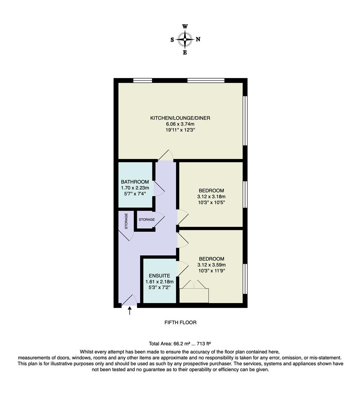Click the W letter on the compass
point(185,27)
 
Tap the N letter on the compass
point(198,40)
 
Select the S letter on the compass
point(172,40)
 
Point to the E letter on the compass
point(185,53)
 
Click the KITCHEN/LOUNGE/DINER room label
point(180,118)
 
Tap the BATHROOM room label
point(135,182)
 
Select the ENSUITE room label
point(159,276)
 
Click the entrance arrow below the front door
point(129,310)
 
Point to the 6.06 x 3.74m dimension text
point(180,124)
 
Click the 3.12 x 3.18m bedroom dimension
point(212,196)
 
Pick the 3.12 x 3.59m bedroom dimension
point(212,265)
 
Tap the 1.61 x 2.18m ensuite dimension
point(159,282)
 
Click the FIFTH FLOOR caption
point(180,322)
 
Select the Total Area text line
point(180,343)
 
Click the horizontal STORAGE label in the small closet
point(146,220)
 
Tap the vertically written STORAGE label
point(126,221)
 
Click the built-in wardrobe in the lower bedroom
point(194,295)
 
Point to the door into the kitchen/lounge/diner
point(166,156)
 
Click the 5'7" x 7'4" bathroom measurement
point(135,194)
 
